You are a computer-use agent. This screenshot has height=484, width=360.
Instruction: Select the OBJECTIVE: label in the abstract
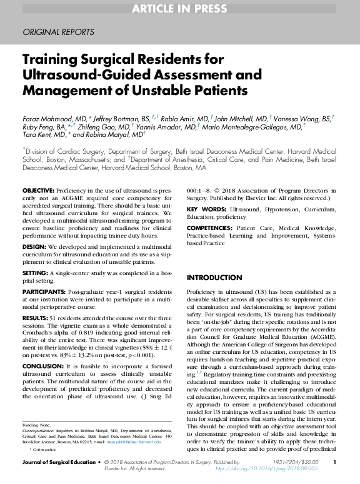[38, 189]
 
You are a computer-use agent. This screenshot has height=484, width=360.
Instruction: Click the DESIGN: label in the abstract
[34, 248]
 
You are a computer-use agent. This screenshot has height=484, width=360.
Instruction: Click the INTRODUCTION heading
[215, 278]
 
